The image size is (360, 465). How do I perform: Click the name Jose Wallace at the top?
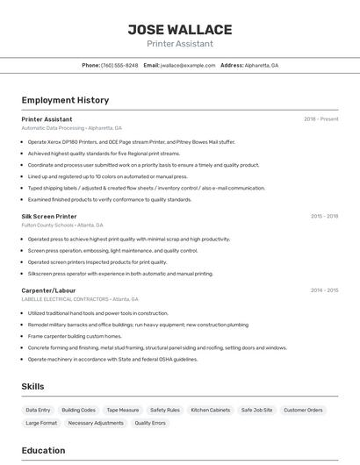click(180, 30)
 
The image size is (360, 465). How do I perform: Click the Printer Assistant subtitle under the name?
click(180, 44)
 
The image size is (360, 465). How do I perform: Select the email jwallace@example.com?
click(188, 66)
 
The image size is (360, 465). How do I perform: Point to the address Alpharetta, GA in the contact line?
click(261, 66)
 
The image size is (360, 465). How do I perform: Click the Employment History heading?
click(65, 100)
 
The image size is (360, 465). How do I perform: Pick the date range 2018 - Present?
click(321, 119)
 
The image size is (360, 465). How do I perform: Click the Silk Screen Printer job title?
click(49, 216)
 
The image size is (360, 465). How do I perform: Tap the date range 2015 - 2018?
click(324, 216)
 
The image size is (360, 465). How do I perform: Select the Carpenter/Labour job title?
click(48, 290)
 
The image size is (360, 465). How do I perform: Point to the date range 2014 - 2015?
click(324, 290)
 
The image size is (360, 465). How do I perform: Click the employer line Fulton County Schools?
click(48, 225)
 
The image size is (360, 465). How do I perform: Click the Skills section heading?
click(32, 386)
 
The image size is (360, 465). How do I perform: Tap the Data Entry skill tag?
click(38, 410)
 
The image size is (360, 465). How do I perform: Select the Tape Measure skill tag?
click(123, 410)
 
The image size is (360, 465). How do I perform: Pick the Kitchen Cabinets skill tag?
click(211, 410)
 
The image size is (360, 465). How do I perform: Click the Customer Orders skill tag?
click(303, 410)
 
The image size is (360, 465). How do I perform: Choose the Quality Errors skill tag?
click(150, 423)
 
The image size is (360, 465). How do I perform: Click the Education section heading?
click(43, 451)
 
